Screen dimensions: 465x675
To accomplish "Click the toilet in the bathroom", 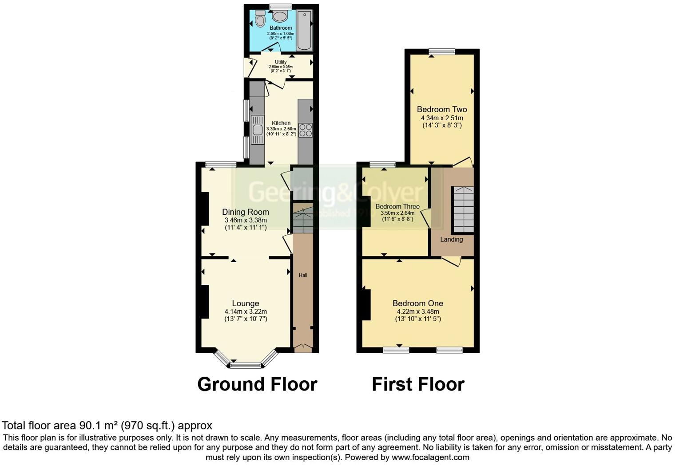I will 260,20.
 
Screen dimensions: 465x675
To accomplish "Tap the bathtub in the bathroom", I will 304,29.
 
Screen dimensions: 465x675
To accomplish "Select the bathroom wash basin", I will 280,17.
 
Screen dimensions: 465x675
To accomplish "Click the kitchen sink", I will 257,130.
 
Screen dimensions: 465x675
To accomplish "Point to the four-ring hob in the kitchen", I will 306,130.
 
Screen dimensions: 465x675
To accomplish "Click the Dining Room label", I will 246,212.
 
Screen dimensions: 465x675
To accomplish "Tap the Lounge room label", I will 246,303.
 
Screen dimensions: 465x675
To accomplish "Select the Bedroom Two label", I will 442,110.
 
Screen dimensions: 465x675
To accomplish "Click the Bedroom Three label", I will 397,206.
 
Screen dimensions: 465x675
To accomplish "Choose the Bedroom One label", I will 418,303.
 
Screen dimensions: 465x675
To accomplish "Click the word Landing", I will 452,240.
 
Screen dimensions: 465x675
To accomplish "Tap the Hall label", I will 303,275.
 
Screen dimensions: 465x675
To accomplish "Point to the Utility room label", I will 281,62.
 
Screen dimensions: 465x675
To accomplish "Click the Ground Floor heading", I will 257,384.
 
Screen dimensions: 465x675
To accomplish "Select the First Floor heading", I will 418,384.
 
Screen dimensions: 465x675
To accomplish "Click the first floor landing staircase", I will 463,210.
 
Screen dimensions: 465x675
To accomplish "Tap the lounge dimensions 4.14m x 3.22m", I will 246,311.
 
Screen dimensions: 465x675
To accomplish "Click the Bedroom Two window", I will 442,52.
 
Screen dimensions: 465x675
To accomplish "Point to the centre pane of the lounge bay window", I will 246,365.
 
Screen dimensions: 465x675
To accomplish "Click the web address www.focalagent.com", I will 430,457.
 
